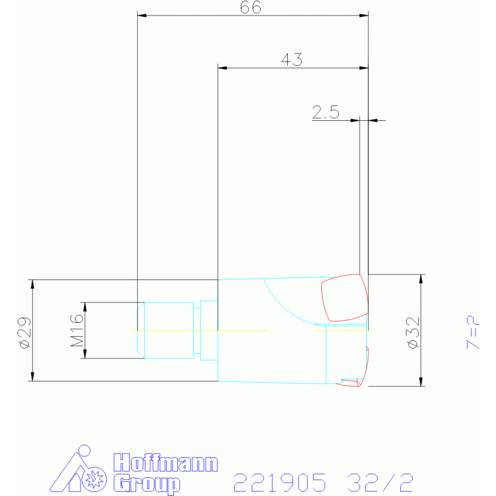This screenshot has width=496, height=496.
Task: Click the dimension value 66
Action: pyautogui.click(x=250, y=7)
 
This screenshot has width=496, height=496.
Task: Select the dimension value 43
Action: pyautogui.click(x=292, y=59)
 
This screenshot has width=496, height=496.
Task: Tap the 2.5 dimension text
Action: pyautogui.click(x=325, y=112)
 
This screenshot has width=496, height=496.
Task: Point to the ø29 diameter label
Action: pyautogui.click(x=25, y=333)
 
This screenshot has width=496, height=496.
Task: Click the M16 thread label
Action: pyautogui.click(x=77, y=330)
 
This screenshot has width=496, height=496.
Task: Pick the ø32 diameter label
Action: pyautogui.click(x=414, y=333)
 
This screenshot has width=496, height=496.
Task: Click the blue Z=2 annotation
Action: pyautogui.click(x=473, y=332)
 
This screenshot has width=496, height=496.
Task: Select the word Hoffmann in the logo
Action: pyautogui.click(x=166, y=463)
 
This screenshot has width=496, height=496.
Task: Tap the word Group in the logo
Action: pyautogui.click(x=146, y=483)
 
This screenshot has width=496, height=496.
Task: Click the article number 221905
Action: pyautogui.click(x=279, y=482)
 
